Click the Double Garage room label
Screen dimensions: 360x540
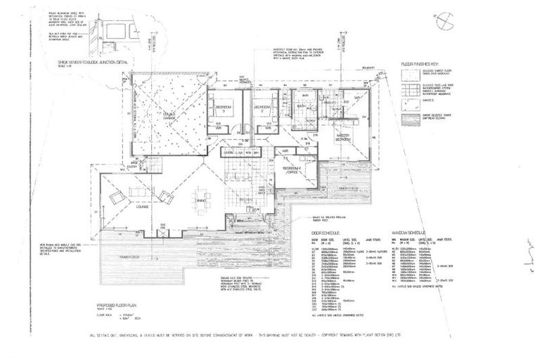click(169, 115)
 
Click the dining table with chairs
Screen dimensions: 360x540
click(202, 195)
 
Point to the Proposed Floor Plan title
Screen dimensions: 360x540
click(115, 304)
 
